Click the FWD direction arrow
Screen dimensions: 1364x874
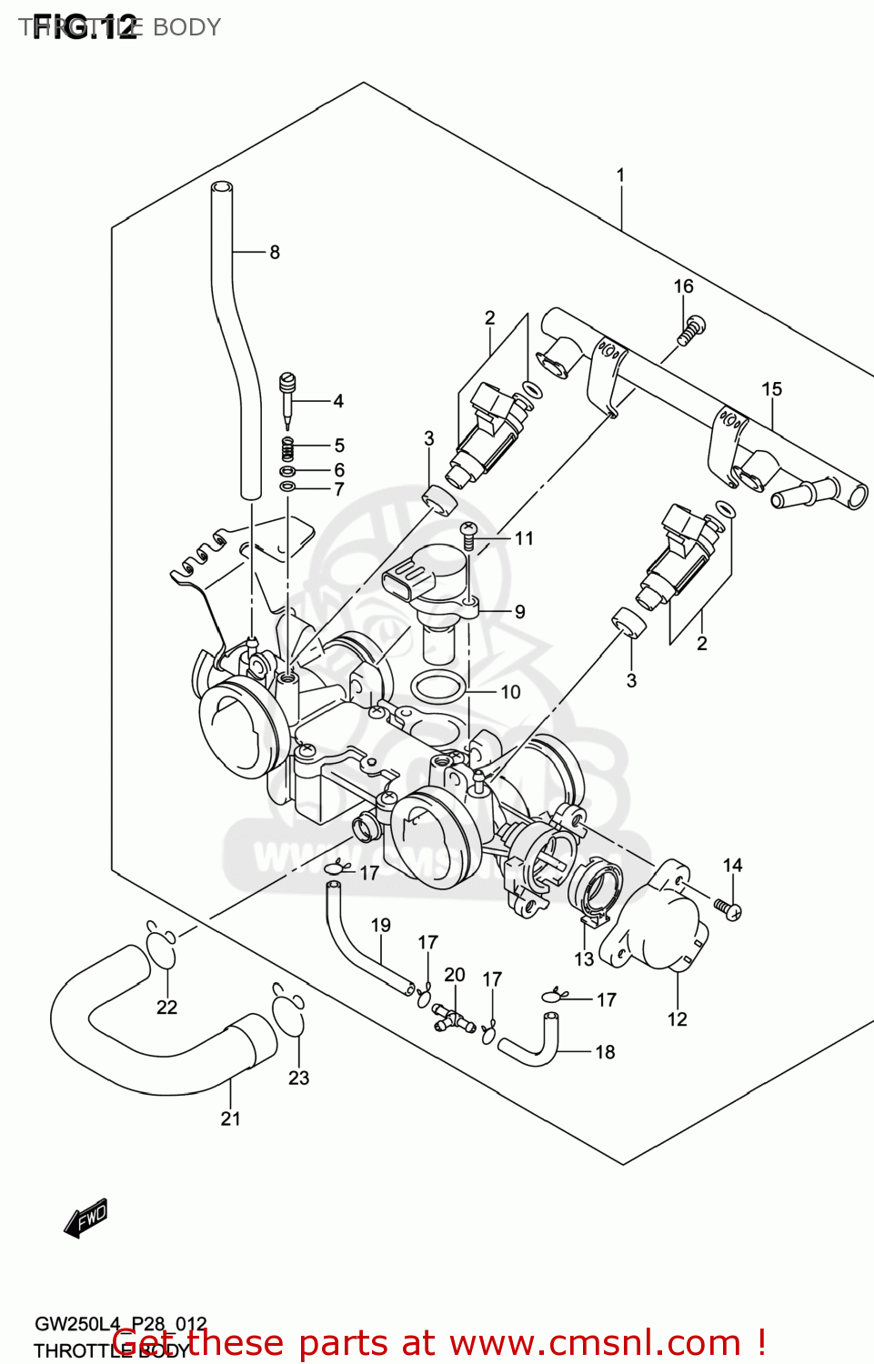click(86, 1218)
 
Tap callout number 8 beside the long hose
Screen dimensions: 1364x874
click(275, 252)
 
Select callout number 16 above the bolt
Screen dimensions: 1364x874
click(683, 286)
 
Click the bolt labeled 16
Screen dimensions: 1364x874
click(691, 329)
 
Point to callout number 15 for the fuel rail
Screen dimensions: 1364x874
click(771, 389)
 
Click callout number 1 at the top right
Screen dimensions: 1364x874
click(620, 175)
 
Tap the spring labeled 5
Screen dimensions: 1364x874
click(287, 447)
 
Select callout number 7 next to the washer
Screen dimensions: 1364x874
click(338, 489)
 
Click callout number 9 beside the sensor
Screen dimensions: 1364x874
click(519, 612)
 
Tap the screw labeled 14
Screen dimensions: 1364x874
click(728, 908)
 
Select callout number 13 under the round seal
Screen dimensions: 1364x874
click(584, 958)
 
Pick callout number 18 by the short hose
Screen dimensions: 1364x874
click(605, 1052)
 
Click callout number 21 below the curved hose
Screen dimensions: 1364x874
click(231, 1118)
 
